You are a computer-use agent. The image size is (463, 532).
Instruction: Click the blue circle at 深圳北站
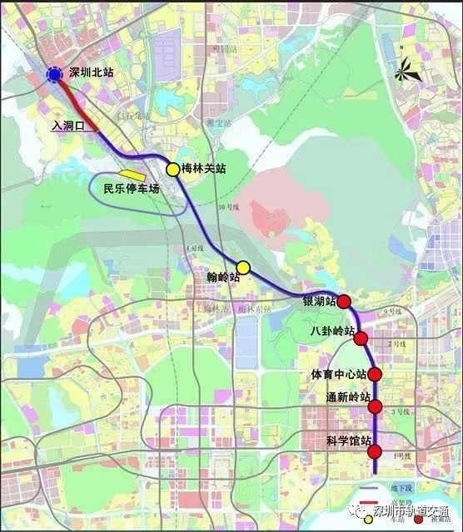pos(54,75)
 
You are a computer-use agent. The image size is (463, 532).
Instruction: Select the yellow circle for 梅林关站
pos(172,170)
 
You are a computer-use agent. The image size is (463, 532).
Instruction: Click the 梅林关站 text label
pos(204,170)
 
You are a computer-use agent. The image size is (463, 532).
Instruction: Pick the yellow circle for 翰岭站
pos(243,267)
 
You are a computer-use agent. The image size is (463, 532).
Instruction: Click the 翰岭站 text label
pos(223,277)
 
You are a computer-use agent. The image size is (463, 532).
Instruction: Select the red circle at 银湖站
pos(344,302)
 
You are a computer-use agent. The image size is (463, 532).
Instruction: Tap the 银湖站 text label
pos(319,301)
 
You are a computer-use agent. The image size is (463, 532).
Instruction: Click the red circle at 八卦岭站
pos(361,338)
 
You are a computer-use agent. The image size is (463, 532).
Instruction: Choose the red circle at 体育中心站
pos(375,374)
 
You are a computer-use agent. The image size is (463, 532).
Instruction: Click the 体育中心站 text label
pos(338,375)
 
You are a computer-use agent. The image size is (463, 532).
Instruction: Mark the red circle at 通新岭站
pos(376,406)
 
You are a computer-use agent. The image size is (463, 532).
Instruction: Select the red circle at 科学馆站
pos(376,452)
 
